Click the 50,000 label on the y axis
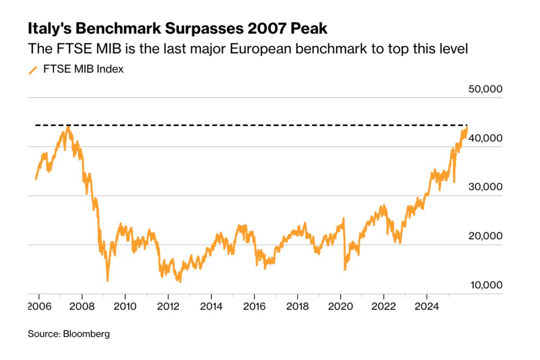coord(485,89)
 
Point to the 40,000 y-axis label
coord(485,138)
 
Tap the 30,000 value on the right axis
coord(485,187)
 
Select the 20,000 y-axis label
coord(485,236)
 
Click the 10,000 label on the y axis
coord(485,285)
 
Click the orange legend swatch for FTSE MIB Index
coord(33,70)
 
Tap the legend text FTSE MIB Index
coord(83,70)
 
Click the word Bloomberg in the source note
coord(86,334)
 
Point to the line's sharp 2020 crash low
coord(345,269)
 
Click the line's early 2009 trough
coord(108,280)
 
